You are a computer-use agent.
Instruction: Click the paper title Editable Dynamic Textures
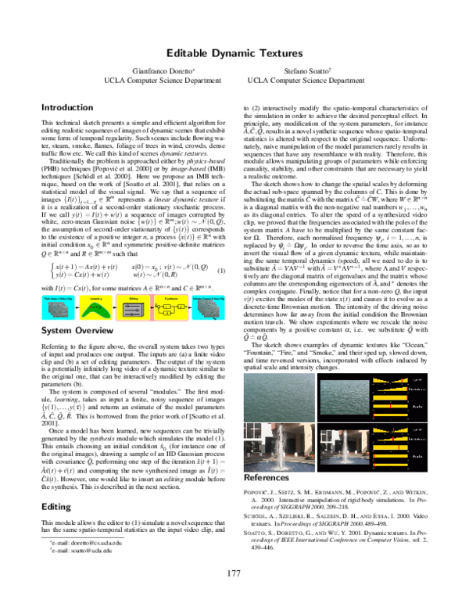coord(234,53)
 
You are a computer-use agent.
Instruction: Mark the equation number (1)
coord(222,271)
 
